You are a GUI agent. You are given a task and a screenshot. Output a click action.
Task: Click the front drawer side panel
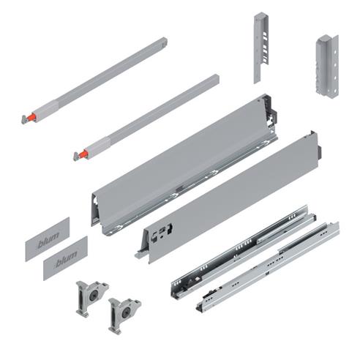point(227,198)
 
